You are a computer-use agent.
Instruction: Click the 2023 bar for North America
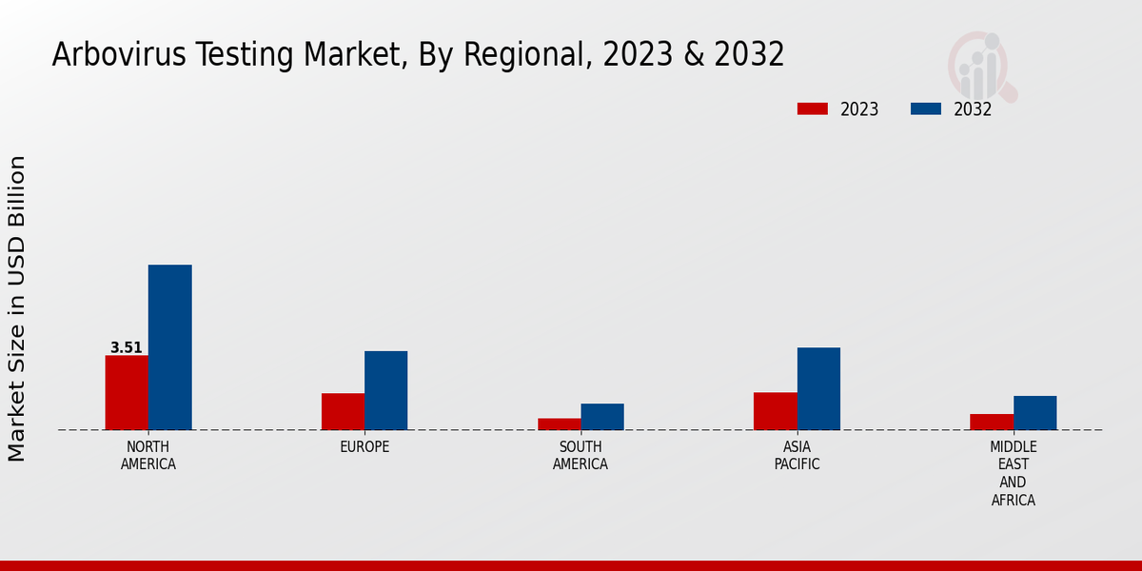pos(127,392)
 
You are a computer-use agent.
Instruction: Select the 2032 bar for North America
pos(169,347)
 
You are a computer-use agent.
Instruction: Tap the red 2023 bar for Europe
pos(343,411)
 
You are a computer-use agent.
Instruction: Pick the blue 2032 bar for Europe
pos(385,390)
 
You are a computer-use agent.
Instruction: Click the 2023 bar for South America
pos(559,423)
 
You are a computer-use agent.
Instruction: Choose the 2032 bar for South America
pos(602,417)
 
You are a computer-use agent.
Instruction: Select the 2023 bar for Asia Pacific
pos(775,411)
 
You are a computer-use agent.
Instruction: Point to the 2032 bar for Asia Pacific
pos(818,388)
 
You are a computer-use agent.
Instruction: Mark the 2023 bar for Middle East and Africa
pos(992,422)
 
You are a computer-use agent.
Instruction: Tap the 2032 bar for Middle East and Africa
pos(1034,413)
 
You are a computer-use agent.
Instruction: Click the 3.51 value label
pos(127,348)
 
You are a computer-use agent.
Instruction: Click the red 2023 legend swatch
pos(812,108)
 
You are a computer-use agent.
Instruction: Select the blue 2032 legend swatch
pos(925,108)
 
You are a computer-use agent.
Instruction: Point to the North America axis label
pos(148,456)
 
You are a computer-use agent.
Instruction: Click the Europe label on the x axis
pos(364,447)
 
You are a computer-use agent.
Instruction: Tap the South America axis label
pos(581,456)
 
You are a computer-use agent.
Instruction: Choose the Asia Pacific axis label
pos(797,456)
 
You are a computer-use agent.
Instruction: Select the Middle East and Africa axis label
pos(1014,473)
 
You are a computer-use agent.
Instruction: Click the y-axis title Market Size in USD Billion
pos(17,309)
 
